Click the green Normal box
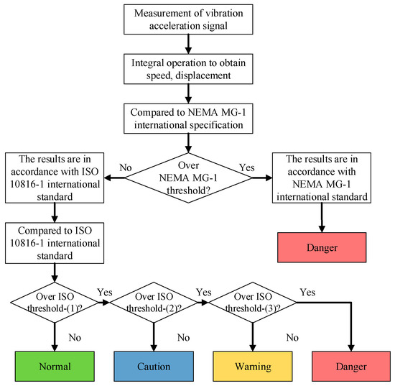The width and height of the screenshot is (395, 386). click(55, 366)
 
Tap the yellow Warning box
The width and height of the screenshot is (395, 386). click(251, 366)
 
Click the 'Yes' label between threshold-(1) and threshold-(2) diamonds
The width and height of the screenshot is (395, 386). click(104, 293)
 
